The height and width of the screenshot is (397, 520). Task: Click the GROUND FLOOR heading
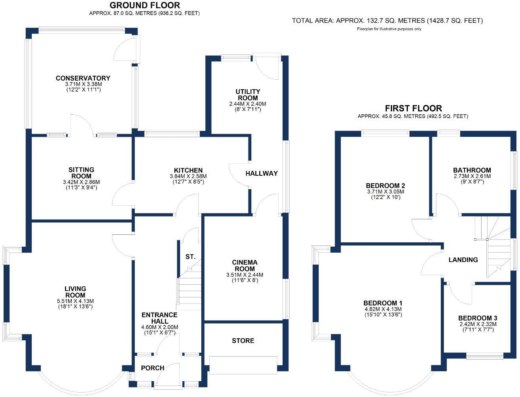coord(145,5)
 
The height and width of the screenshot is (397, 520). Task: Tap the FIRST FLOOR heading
coord(413,108)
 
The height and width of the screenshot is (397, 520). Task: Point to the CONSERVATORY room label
coord(83,78)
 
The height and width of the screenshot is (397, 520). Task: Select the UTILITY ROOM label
coord(248,94)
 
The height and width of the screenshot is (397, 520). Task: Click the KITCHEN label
coord(188,170)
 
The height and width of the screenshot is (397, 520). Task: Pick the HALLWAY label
coord(262,173)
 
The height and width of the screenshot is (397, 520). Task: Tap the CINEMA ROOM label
coord(245,265)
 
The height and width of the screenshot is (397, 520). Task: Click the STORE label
coord(243,341)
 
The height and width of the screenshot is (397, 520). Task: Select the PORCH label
coord(153,368)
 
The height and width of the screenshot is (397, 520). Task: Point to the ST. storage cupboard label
coord(190,257)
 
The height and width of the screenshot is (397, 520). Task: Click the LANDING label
coord(463,260)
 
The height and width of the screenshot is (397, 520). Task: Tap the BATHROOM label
coord(472,170)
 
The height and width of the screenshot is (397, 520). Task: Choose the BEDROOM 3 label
coord(478,318)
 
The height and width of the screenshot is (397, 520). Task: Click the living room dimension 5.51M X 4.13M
coord(75,301)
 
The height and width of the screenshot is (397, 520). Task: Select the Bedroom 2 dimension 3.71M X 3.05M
coord(385,192)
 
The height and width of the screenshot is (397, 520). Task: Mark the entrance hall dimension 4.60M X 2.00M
coord(160,327)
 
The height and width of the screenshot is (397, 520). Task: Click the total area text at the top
coord(387,21)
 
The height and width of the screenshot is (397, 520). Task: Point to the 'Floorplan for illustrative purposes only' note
coord(389,29)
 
